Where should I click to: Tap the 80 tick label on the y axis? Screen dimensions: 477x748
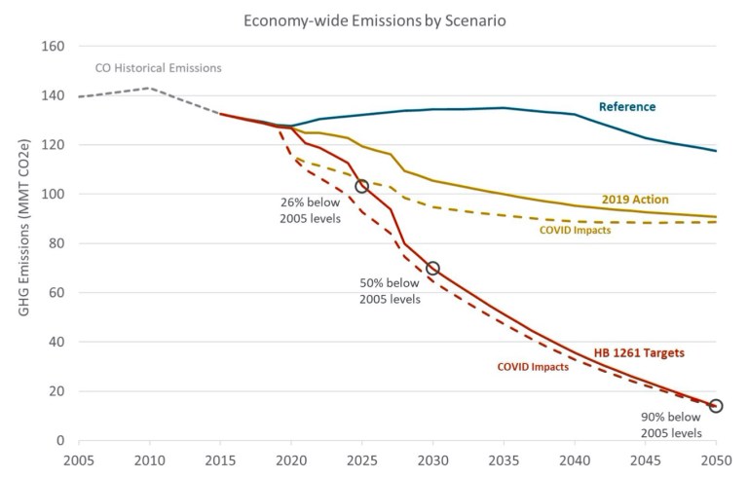(56, 244)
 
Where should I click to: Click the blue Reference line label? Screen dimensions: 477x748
(627, 107)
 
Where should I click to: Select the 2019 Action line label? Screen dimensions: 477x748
(635, 200)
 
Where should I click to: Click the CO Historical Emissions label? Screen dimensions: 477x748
(158, 68)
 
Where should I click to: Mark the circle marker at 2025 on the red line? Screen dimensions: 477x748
(362, 186)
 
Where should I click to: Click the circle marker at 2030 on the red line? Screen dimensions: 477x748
(432, 268)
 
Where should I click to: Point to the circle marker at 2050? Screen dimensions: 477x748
(716, 406)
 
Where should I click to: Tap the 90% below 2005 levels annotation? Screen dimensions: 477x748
(671, 425)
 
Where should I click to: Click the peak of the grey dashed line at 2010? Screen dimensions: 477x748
(149, 89)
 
